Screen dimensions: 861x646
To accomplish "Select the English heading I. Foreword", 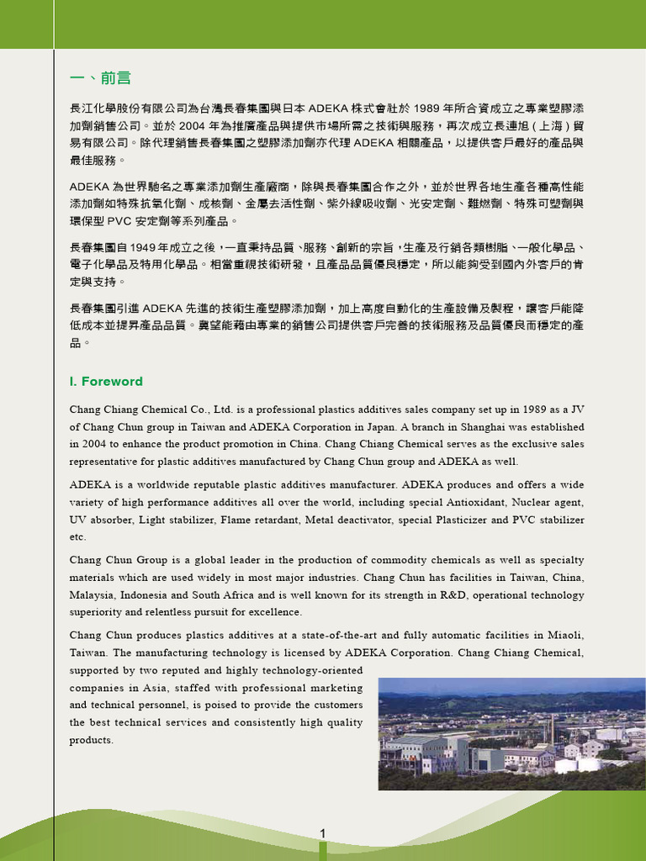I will click(x=106, y=382).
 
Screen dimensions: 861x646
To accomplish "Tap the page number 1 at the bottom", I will click(x=322, y=833).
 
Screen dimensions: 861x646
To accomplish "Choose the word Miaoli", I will click(x=565, y=635).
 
